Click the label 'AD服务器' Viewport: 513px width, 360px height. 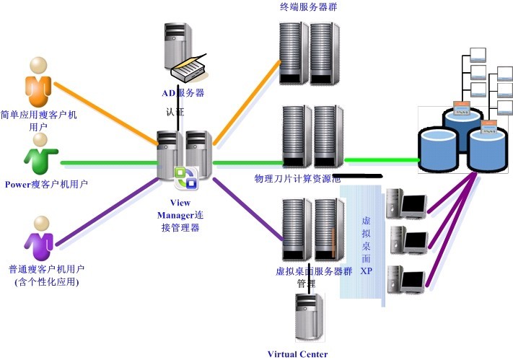[x=183, y=93]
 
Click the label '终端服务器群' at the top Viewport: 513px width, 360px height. [x=310, y=8]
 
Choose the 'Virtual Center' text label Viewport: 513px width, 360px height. [x=297, y=354]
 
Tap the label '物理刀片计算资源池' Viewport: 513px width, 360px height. [x=297, y=178]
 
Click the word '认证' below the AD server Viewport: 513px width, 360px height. [x=175, y=113]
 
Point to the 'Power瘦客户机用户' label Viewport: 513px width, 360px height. [x=46, y=184]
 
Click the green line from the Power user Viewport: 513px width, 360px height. [x=108, y=163]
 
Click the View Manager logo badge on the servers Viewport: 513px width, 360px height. [x=186, y=177]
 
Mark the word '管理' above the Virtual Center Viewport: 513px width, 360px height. [x=306, y=284]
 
